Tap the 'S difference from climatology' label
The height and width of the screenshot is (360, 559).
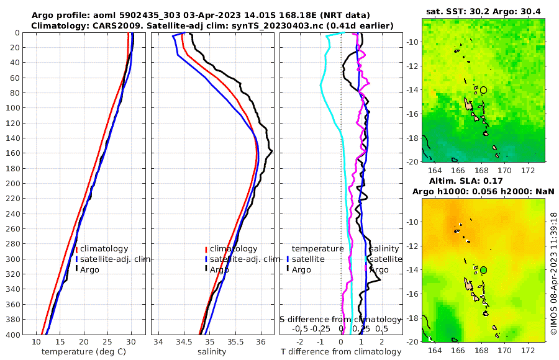pos(340,319)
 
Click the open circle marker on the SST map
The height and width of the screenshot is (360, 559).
pos(483,90)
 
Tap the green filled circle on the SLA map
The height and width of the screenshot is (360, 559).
pos(483,270)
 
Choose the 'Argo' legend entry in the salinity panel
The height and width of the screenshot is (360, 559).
pos(219,269)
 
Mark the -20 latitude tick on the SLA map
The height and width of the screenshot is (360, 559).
pos(411,341)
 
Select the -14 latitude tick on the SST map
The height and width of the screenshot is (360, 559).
pos(411,90)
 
